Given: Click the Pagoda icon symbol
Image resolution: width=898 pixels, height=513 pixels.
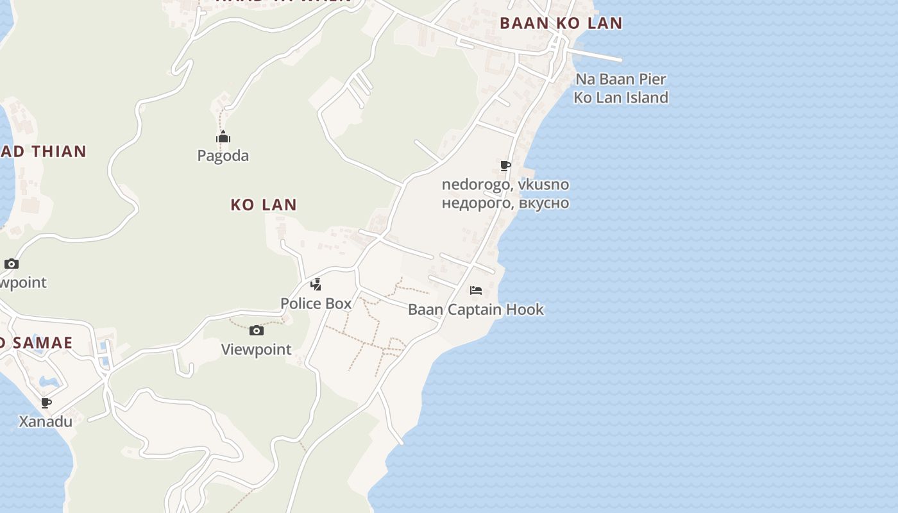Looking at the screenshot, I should click(x=223, y=137).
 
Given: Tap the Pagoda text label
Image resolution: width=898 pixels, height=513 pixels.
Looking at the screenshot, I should click(x=223, y=156).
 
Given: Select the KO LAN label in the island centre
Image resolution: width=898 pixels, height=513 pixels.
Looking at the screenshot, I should click(x=264, y=205).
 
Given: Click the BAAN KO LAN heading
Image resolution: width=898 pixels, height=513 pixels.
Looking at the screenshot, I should click(x=561, y=24).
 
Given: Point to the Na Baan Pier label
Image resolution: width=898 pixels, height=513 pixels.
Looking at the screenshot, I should click(x=620, y=80).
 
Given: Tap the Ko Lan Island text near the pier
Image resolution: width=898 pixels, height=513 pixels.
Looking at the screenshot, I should click(x=620, y=97).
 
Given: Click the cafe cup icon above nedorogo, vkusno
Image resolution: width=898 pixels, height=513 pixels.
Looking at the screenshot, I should click(x=505, y=166).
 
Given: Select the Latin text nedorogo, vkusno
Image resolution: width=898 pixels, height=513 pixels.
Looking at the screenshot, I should click(x=505, y=185).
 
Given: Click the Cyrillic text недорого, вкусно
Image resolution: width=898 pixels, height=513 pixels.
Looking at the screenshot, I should click(x=505, y=203).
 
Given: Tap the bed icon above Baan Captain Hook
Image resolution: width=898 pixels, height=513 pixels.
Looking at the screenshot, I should click(x=476, y=290).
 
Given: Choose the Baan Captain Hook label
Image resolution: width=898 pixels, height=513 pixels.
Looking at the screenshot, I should click(x=476, y=310).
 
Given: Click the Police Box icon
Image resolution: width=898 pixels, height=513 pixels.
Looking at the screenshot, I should click(x=316, y=285).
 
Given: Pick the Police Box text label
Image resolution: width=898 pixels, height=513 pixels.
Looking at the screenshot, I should click(x=316, y=303).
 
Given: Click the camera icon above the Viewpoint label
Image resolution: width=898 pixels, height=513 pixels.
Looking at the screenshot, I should click(x=257, y=331).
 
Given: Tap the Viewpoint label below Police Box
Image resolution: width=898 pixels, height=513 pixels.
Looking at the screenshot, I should click(x=257, y=349).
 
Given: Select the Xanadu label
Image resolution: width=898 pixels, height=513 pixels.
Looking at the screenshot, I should click(x=46, y=422).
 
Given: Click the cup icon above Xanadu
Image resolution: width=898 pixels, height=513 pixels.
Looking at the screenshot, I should click(x=46, y=403).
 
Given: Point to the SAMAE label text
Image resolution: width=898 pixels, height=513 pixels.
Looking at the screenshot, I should click(x=38, y=342).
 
